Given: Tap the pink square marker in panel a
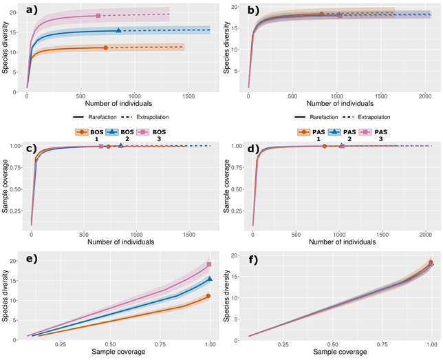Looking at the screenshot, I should (x=98, y=15).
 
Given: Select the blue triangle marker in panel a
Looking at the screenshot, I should (x=118, y=30).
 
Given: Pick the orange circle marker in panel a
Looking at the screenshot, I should (x=105, y=47).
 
